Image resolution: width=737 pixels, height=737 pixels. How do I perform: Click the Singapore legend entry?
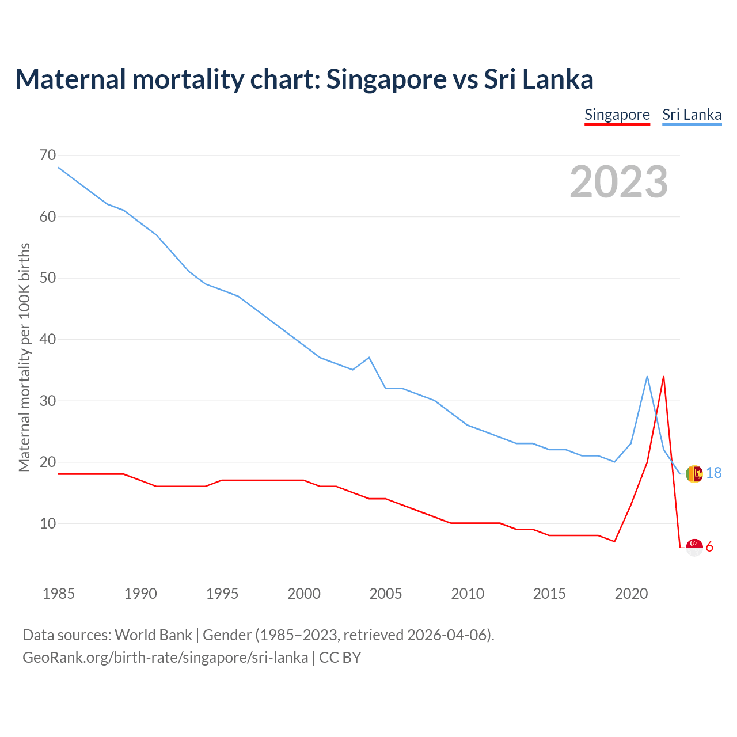coord(617,115)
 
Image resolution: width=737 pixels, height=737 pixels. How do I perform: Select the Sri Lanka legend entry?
coord(692,115)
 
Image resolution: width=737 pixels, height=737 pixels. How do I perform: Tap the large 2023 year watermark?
coord(618,181)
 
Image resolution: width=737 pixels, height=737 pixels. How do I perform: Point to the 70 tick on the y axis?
coord(48,155)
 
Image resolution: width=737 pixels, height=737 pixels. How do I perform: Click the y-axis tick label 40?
coord(48,339)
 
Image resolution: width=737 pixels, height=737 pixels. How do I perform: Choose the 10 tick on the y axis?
coord(48,523)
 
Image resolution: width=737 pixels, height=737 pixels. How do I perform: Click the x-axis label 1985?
coord(58,594)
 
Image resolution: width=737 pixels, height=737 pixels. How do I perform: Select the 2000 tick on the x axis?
coord(304,594)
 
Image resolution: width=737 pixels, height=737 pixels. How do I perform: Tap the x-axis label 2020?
coord(631,594)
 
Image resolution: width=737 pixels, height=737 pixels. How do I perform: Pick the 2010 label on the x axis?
coord(468,594)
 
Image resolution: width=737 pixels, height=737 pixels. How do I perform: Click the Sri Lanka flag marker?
coord(694,474)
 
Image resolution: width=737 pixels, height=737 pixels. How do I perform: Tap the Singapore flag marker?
coord(694,547)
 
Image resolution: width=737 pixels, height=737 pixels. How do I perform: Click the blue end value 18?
coord(713,473)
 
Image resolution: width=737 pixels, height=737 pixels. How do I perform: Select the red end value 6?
coord(709,547)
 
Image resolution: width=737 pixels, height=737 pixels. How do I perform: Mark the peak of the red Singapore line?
coord(663,377)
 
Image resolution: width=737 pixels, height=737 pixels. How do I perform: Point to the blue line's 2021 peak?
coord(647,377)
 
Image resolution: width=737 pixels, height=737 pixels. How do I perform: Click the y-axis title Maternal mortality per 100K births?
coord(24,357)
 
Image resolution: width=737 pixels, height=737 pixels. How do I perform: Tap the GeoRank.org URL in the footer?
coord(165,658)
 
